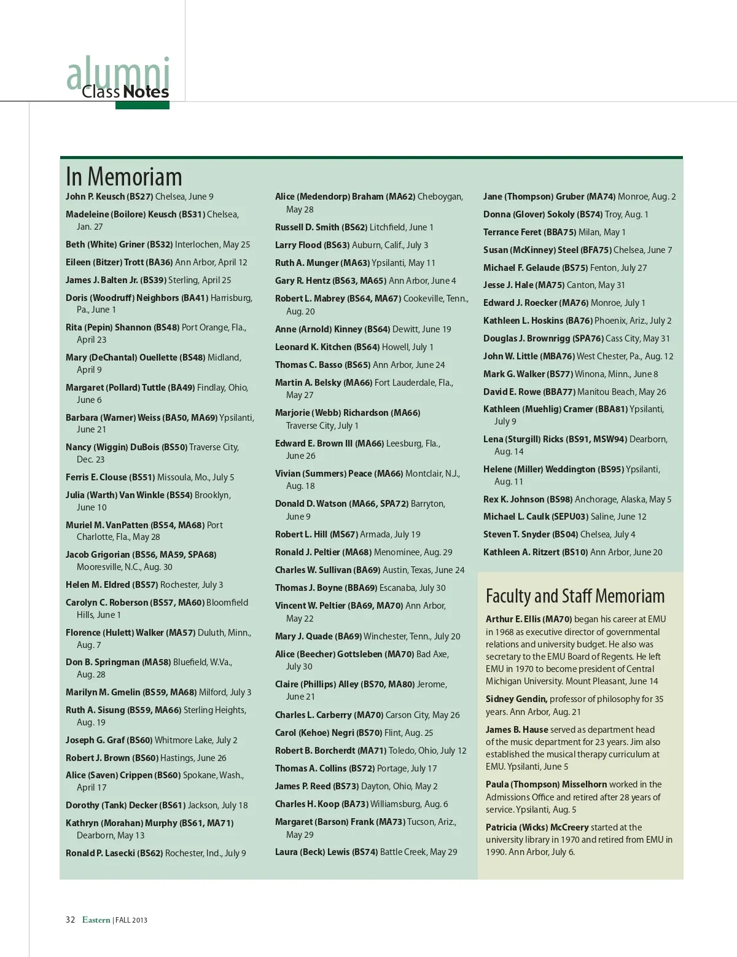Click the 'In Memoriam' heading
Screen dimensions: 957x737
click(x=124, y=177)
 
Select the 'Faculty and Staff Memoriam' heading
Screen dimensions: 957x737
click(x=575, y=596)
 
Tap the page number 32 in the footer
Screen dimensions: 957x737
click(x=70, y=920)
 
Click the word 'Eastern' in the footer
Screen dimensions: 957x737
click(x=96, y=920)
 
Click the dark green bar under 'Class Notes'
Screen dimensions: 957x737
click(x=142, y=106)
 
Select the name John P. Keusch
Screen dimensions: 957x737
click(x=95, y=197)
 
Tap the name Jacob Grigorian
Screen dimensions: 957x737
click(x=98, y=555)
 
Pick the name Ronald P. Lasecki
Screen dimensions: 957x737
click(x=100, y=853)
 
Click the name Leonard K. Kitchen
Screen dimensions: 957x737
click(x=313, y=347)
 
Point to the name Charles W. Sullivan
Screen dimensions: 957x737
click(x=313, y=570)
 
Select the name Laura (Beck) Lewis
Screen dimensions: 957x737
click(x=312, y=852)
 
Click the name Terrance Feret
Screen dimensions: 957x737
click(x=512, y=232)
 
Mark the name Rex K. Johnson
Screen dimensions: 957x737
click(x=513, y=499)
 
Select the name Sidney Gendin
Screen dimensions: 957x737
click(x=516, y=699)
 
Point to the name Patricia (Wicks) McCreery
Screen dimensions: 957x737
click(x=537, y=827)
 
